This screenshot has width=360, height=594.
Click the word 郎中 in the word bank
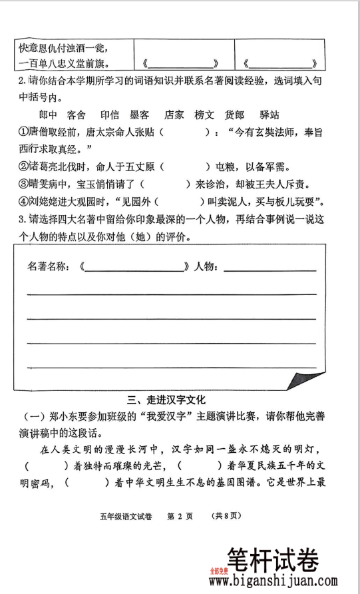(49, 115)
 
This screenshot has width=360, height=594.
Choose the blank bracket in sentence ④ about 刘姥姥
(181, 201)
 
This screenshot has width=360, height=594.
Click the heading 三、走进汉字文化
(167, 400)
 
